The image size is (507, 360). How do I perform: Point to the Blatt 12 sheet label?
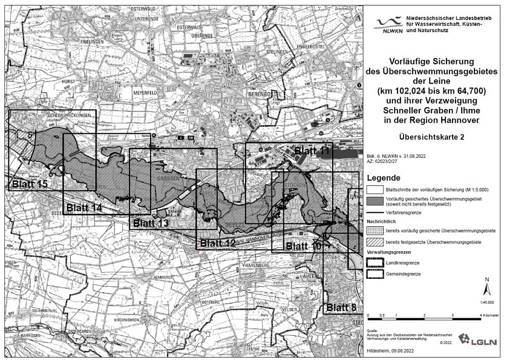click(x=218, y=243)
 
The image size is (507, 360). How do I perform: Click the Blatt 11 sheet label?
click(x=312, y=151)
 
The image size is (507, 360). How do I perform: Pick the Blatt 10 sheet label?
click(x=304, y=246)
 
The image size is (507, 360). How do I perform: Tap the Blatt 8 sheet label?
click(x=341, y=307)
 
